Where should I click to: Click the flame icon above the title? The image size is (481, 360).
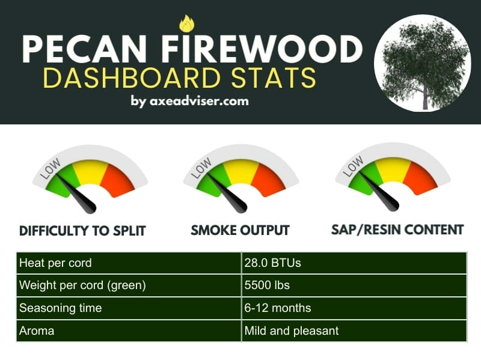point(186,23)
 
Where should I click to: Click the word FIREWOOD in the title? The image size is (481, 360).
point(262,49)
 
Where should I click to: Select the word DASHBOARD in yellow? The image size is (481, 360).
point(132,78)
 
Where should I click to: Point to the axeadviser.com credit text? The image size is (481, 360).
point(190,101)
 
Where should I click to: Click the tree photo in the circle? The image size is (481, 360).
point(423,63)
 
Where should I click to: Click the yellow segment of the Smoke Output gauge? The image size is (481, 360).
point(242,172)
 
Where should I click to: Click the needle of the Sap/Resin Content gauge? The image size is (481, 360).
point(379,191)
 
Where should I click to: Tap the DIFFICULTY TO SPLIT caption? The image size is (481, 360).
point(82,231)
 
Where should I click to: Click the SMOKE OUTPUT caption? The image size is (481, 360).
point(240,230)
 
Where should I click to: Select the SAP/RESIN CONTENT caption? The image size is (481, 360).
point(397,230)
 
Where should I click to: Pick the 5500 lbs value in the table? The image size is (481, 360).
point(267,285)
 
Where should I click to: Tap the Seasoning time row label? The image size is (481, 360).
point(61,308)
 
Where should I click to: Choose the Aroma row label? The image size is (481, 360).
point(37,331)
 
